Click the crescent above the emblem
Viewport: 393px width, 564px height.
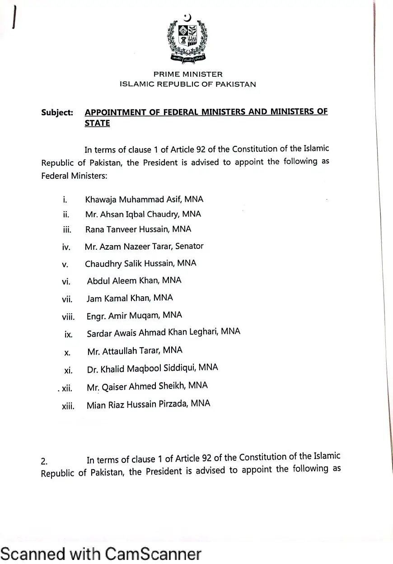point(187,18)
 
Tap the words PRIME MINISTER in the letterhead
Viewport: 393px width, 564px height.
point(188,74)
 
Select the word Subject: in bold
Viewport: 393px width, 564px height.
point(57,112)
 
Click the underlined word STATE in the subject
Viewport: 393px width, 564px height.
point(97,123)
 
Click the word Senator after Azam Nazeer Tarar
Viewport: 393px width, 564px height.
point(189,246)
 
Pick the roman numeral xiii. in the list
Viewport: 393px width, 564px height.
point(68,406)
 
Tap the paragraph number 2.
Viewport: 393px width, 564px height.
point(44,461)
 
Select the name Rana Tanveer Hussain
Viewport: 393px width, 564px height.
point(128,229)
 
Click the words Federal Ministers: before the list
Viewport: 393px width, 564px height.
point(74,176)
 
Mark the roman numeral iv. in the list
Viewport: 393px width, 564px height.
point(66,247)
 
